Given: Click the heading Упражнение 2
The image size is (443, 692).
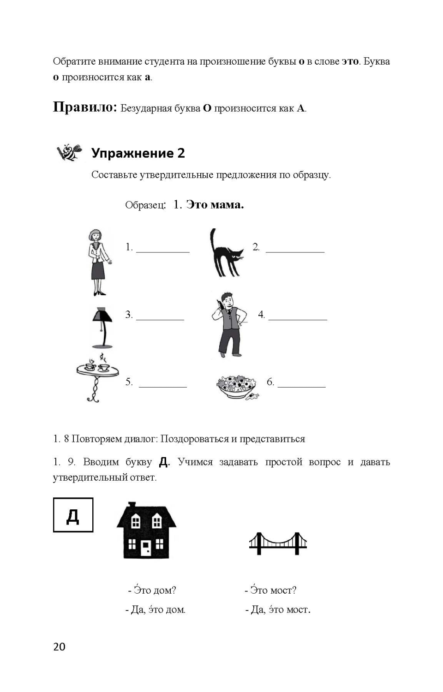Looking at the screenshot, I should coord(138,153).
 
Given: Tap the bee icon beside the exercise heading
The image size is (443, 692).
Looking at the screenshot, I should coord(69,152).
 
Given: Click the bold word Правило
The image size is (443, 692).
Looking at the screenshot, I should coord(84,107).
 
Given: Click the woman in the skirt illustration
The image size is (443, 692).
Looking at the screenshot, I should coord(99,262).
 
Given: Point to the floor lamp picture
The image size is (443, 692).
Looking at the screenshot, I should coord(102,327).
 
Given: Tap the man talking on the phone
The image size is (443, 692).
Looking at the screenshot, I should coord(228,324).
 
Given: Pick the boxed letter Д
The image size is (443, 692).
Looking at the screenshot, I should coord(73,515).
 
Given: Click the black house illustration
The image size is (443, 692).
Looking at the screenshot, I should coord(146,531).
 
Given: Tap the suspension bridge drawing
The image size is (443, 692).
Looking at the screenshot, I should coord(278,543).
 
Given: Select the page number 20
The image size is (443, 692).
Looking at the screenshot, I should coord(60,647).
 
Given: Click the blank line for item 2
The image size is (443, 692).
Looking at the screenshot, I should coord(295,251).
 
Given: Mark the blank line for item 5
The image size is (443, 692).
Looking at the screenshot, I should coord(162,386).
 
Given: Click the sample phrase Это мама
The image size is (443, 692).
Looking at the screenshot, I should coord(215,204).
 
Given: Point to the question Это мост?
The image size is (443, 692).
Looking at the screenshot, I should coord(271,590).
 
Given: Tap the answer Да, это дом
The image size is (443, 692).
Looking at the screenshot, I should coord(156,609).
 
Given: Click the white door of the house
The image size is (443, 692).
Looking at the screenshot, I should coord(146,548).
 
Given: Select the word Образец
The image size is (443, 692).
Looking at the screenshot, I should coord(145,205).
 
